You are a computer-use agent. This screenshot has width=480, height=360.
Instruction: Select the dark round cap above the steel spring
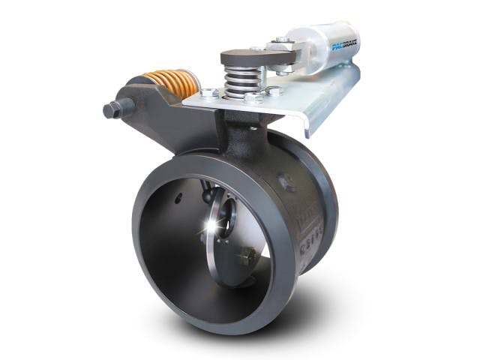241,58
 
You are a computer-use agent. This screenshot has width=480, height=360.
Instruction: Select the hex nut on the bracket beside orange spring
209,94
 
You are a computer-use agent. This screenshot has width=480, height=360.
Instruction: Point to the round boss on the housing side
285,180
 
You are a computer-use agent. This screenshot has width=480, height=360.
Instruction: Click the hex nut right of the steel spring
274,91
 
